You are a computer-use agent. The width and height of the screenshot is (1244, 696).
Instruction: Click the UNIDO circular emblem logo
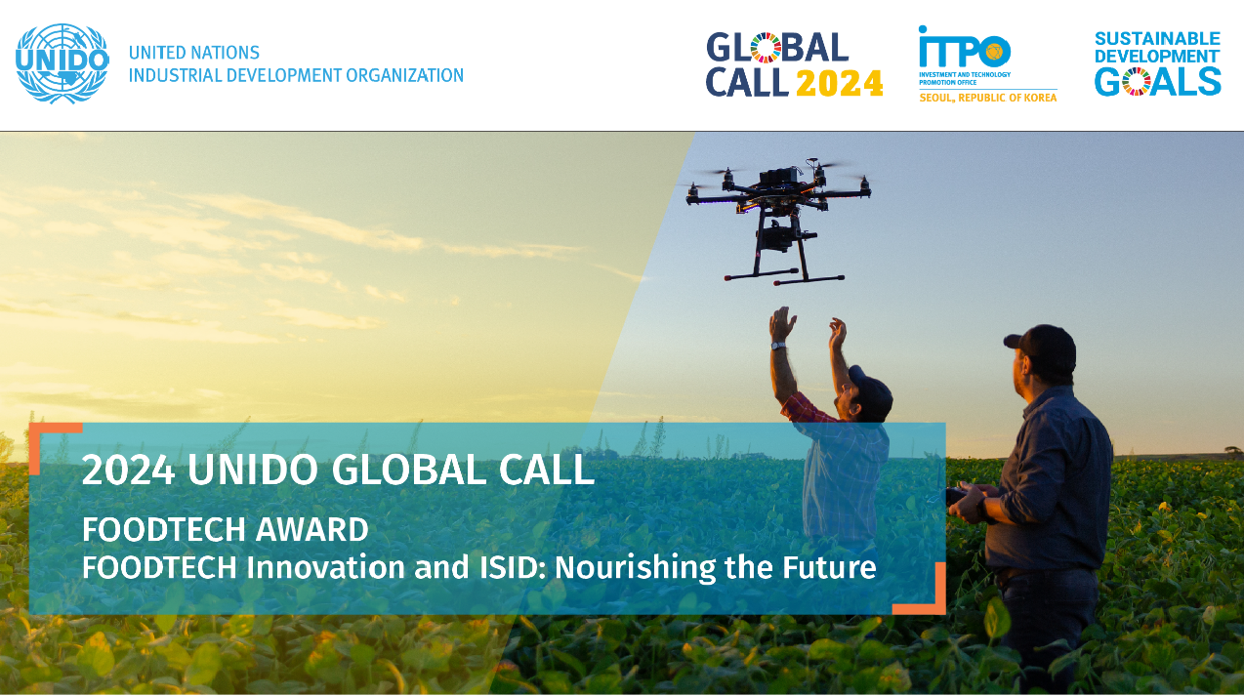pyautogui.click(x=62, y=63)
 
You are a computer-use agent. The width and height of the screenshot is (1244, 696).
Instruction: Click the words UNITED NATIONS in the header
pyautogui.click(x=194, y=53)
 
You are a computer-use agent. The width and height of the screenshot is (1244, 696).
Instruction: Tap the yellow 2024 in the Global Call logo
pyautogui.click(x=840, y=83)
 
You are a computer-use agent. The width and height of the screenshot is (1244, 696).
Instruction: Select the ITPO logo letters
pyautogui.click(x=964, y=48)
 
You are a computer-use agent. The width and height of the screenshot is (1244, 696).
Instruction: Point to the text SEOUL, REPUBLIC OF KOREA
pyautogui.click(x=987, y=98)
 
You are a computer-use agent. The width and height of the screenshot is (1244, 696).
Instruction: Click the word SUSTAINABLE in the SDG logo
pyautogui.click(x=1157, y=39)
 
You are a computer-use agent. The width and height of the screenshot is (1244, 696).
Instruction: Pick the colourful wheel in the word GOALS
pyautogui.click(x=1136, y=82)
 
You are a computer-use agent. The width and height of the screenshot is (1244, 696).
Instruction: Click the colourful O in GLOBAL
pyautogui.click(x=766, y=48)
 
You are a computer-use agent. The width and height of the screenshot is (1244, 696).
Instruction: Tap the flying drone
pyautogui.click(x=778, y=210)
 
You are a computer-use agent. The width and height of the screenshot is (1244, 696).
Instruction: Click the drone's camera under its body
pyautogui.click(x=773, y=233)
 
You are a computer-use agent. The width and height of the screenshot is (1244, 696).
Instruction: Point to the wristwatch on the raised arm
pyautogui.click(x=778, y=345)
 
